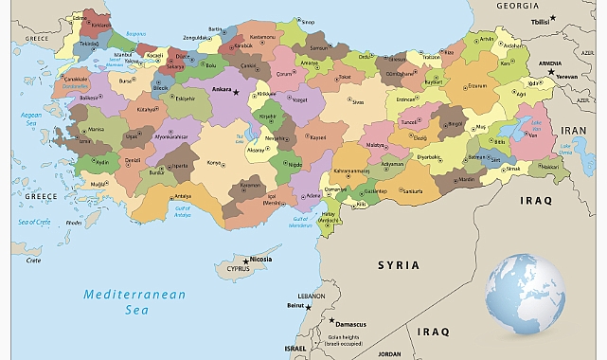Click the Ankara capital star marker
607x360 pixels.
(x=237, y=90)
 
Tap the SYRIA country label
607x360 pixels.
(x=399, y=264)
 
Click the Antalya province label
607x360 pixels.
(x=183, y=196)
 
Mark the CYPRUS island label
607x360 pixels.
(x=238, y=268)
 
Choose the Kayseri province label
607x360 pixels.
(x=318, y=137)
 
